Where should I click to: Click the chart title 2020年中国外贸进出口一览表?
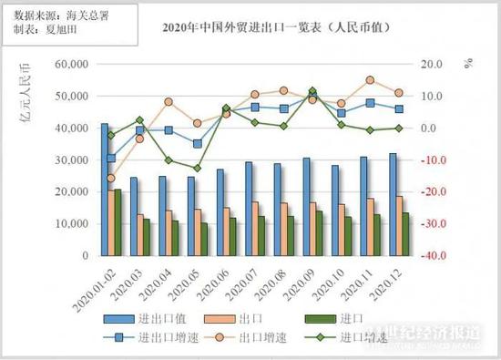263,29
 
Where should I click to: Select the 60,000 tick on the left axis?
74,64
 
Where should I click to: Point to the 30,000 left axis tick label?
74,159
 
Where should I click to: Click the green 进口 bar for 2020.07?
261,235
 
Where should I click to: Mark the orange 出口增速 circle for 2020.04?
169,102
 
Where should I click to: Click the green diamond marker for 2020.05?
197,168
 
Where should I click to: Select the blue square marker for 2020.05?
197,143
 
